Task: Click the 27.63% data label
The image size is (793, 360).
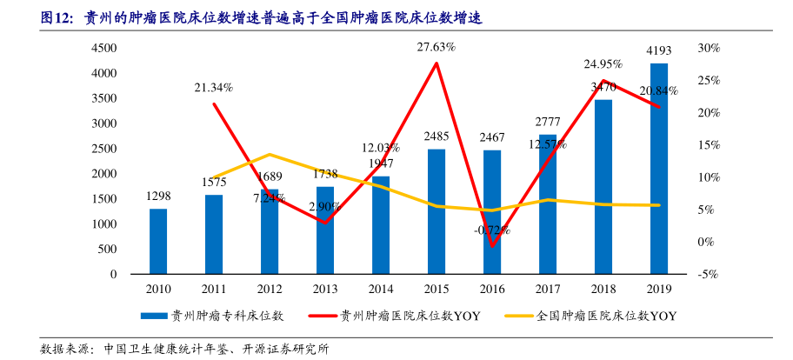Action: point(436,46)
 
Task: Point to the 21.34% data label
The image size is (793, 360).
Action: point(213,87)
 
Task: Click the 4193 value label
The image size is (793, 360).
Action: point(658,50)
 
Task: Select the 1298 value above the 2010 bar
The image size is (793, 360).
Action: point(158,197)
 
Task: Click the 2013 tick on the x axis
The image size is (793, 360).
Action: point(325,288)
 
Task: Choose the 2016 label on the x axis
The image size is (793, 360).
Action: point(492,288)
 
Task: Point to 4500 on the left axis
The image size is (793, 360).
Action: point(103,49)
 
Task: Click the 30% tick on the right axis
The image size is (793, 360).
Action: point(709,49)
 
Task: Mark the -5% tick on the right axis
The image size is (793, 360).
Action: point(707,274)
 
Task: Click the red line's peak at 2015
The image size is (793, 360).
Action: point(436,63)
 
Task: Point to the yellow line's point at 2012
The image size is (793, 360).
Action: point(270,155)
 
